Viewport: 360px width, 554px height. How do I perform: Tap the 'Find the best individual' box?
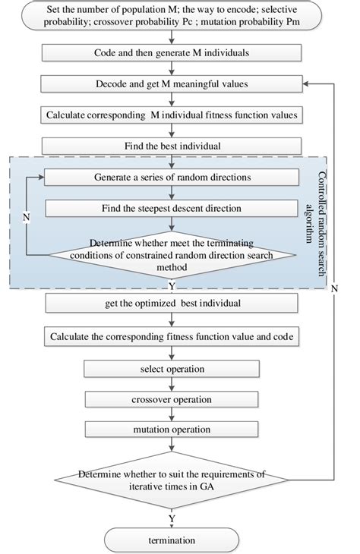pos(175,144)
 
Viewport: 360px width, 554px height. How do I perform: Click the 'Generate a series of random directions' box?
pos(175,177)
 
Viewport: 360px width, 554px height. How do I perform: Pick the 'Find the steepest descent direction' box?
pos(175,207)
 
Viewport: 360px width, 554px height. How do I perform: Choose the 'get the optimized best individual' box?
pos(175,304)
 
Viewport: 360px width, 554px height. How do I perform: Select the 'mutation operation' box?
pos(175,429)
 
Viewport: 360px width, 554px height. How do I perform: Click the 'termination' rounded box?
pos(175,540)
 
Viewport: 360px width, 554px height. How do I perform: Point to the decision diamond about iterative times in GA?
pos(175,480)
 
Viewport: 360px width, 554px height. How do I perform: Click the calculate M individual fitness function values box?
pos(175,115)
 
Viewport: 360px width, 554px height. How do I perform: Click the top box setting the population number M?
pos(175,17)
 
